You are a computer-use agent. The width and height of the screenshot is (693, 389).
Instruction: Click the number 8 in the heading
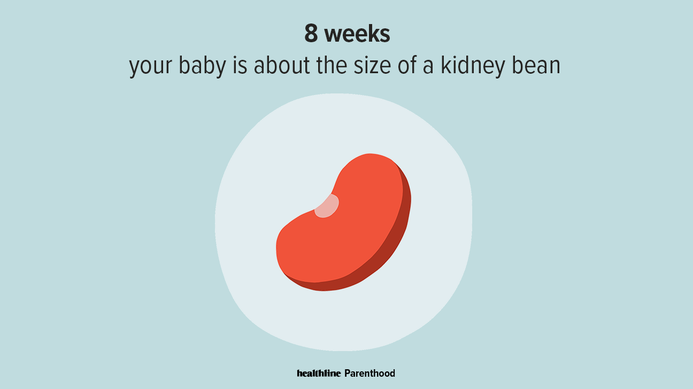[x=311, y=33]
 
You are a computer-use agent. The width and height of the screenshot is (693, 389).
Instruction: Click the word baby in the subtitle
[x=202, y=66]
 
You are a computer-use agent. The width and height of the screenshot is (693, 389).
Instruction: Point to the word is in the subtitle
[x=240, y=65]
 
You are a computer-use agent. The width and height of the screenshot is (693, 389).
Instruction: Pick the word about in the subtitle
[x=281, y=65]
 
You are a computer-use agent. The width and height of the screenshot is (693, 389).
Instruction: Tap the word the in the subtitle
[x=332, y=65]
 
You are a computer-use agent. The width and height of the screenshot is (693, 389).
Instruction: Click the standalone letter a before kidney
[x=428, y=67]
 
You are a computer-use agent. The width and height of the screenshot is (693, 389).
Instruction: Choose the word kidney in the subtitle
[x=473, y=66]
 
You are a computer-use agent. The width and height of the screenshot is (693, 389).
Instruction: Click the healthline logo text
[x=319, y=373]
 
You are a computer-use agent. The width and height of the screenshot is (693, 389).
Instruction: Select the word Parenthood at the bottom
[x=369, y=373]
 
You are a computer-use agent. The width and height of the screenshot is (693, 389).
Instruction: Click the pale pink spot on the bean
[x=327, y=206]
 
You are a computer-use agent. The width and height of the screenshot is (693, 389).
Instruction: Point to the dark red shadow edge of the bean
[x=387, y=247]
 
